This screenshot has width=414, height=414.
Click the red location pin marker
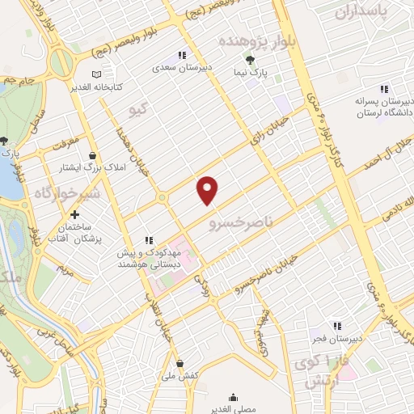209,190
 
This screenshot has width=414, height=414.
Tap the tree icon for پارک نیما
250,59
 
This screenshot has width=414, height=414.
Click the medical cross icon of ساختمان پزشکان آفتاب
74,215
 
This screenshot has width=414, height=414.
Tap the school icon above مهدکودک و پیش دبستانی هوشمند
147,240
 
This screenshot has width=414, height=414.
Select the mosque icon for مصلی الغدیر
234,397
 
